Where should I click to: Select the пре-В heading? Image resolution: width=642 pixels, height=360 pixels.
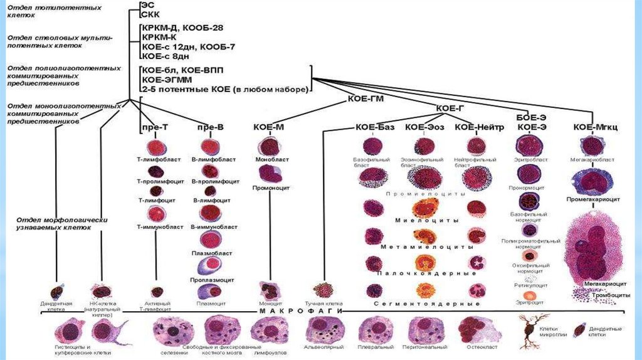pos(211,127)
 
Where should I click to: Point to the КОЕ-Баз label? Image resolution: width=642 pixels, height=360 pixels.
pos(375,127)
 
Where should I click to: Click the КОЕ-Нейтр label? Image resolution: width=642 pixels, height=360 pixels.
pos(480,127)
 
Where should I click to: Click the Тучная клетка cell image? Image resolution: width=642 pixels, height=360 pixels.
pos(325,290)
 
